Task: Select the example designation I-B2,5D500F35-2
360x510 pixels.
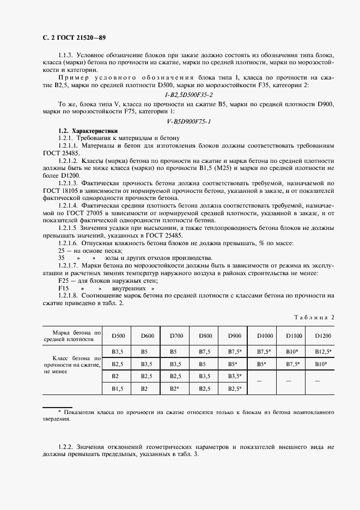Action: point(180,94)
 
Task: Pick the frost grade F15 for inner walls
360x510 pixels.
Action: point(64,288)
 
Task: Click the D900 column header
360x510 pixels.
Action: point(235,336)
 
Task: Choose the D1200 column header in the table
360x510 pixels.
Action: point(323,336)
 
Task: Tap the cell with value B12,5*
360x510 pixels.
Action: point(323,351)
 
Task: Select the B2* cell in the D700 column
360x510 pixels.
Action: point(175,388)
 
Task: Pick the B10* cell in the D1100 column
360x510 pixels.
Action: point(294,351)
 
